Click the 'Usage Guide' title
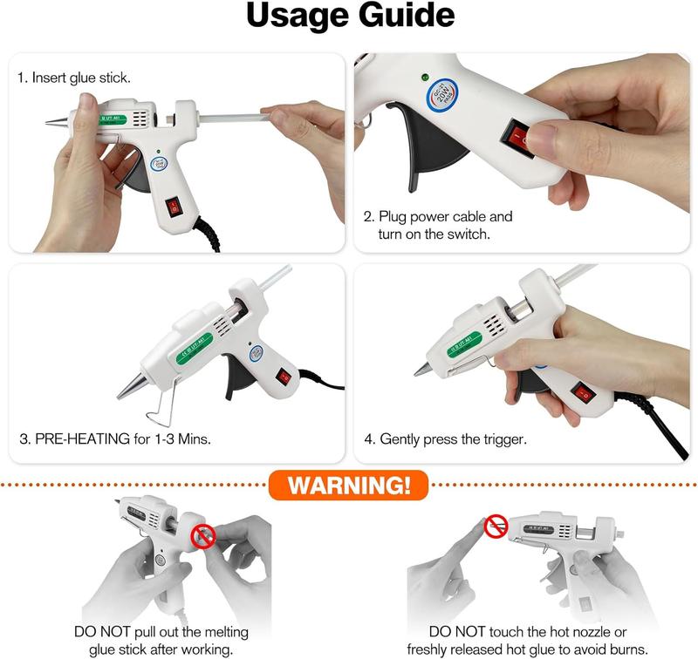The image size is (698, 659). point(349,18)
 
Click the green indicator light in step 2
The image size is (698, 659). point(424,76)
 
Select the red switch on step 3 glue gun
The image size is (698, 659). point(284,377)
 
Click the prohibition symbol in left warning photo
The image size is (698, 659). point(203,535)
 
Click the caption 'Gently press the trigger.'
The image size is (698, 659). point(453,438)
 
